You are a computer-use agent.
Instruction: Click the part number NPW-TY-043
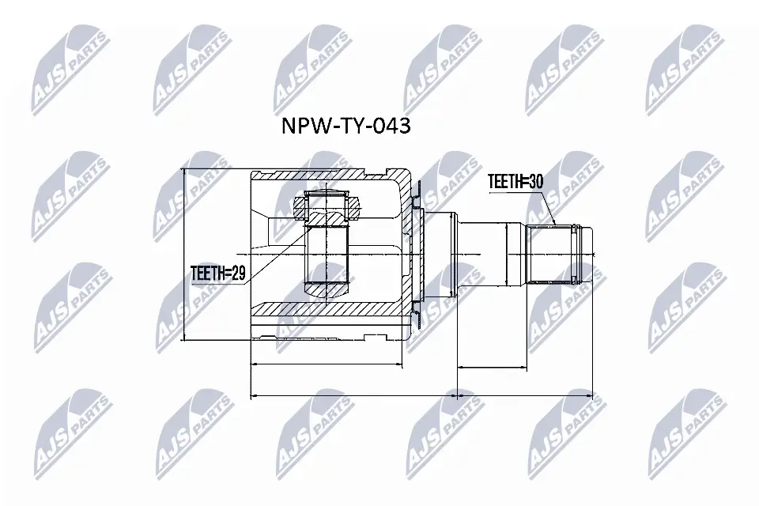pos(346,126)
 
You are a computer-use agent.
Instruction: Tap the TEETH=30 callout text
pos(515,181)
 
